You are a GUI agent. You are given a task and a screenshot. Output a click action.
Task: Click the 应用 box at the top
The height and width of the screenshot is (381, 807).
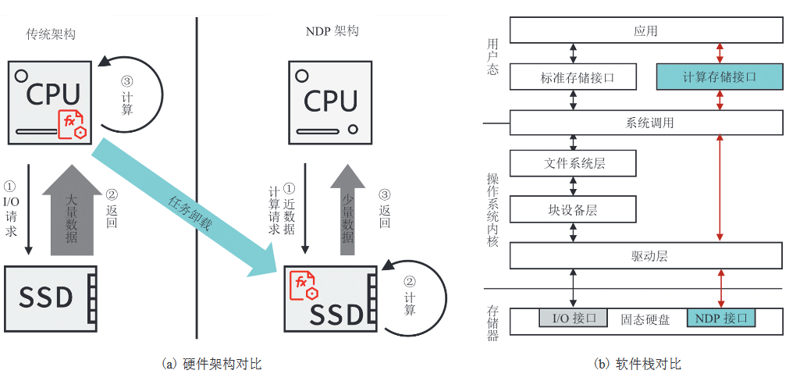point(645,30)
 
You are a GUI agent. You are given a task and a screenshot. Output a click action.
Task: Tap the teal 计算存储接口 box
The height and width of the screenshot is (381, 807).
point(719,77)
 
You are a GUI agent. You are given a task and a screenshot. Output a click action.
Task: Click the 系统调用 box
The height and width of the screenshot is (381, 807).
point(645,123)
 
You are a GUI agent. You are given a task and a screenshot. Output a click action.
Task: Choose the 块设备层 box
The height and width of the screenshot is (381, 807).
point(572,209)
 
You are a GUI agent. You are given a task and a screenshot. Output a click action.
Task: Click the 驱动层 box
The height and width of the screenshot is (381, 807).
point(645,255)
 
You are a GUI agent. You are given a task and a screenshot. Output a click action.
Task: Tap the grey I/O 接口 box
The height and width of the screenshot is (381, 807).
point(572,319)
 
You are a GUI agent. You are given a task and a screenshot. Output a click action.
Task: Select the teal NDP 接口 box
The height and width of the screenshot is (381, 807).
point(720,319)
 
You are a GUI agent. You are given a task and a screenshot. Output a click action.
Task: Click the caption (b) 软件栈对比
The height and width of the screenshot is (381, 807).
point(637,364)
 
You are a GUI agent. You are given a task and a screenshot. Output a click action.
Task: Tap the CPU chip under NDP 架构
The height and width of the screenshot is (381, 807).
point(331,101)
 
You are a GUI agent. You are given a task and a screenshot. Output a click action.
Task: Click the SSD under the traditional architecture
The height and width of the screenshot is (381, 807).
point(51,297)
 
